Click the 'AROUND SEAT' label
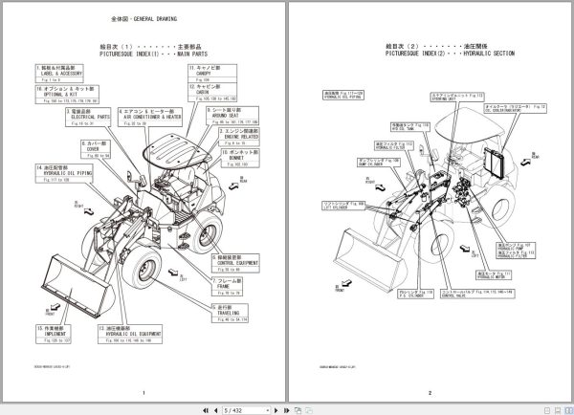pyautogui.click(x=232, y=118)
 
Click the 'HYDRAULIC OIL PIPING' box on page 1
pyautogui.click(x=62, y=176)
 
